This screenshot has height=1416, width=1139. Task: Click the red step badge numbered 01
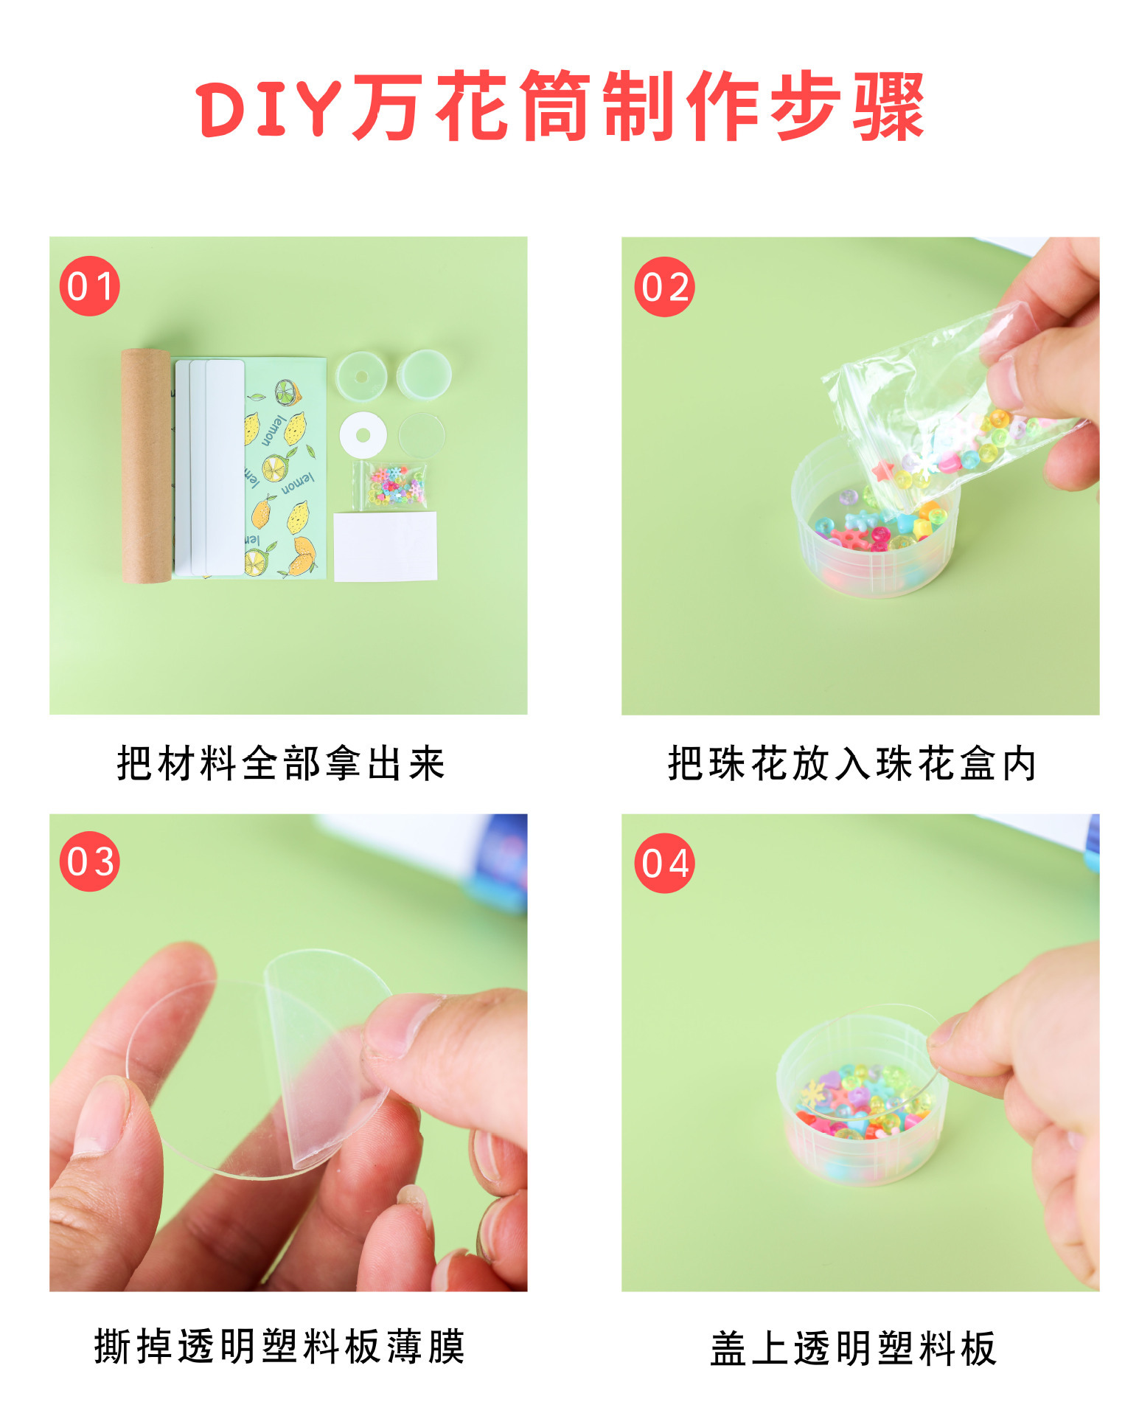point(89,286)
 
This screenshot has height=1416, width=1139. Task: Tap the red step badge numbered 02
point(664,287)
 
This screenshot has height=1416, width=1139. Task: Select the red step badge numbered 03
point(89,861)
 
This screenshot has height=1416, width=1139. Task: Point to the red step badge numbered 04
point(664,863)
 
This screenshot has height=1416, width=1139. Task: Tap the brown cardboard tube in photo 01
point(146,465)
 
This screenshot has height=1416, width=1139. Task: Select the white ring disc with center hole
point(363,434)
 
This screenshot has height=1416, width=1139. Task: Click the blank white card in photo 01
point(385,546)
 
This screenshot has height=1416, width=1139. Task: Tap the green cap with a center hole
point(361,376)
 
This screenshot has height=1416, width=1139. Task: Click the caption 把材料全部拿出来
point(281,763)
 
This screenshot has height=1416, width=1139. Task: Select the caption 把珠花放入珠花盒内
point(852,763)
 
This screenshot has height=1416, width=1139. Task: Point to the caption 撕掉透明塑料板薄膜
point(279,1347)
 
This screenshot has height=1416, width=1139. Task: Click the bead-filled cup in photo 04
point(855,1106)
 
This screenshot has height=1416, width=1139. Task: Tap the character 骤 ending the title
point(888,107)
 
